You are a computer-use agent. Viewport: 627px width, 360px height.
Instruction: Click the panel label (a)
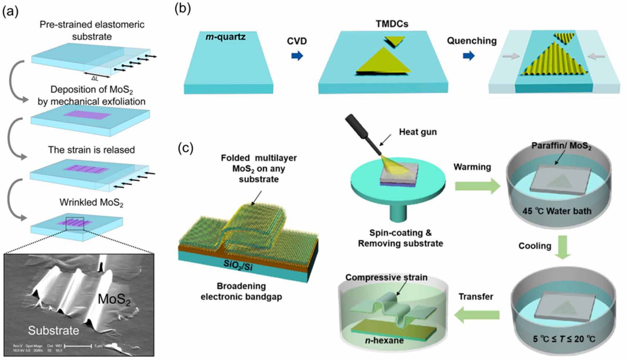[10, 12]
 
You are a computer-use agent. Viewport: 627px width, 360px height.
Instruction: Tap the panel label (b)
[182, 8]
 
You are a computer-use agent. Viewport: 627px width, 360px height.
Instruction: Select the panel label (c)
[185, 148]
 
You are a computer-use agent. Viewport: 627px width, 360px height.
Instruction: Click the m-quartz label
[225, 37]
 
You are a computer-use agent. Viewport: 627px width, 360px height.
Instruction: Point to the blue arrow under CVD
[297, 56]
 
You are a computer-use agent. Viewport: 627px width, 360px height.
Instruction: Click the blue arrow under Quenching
[469, 56]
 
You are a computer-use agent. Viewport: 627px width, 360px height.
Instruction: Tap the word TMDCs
[392, 24]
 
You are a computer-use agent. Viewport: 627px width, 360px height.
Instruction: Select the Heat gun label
[418, 132]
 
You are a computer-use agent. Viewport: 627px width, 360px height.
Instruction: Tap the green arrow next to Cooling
[563, 247]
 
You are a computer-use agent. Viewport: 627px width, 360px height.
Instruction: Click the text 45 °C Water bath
[557, 211]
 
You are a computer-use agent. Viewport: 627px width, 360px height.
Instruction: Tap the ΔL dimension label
[95, 78]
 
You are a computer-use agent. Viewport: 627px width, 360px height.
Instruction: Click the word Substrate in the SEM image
[53, 330]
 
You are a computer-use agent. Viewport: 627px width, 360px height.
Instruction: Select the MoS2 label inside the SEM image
[114, 300]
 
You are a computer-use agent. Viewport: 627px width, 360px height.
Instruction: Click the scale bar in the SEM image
[78, 346]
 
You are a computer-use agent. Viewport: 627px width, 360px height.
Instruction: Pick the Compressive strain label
[386, 278]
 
